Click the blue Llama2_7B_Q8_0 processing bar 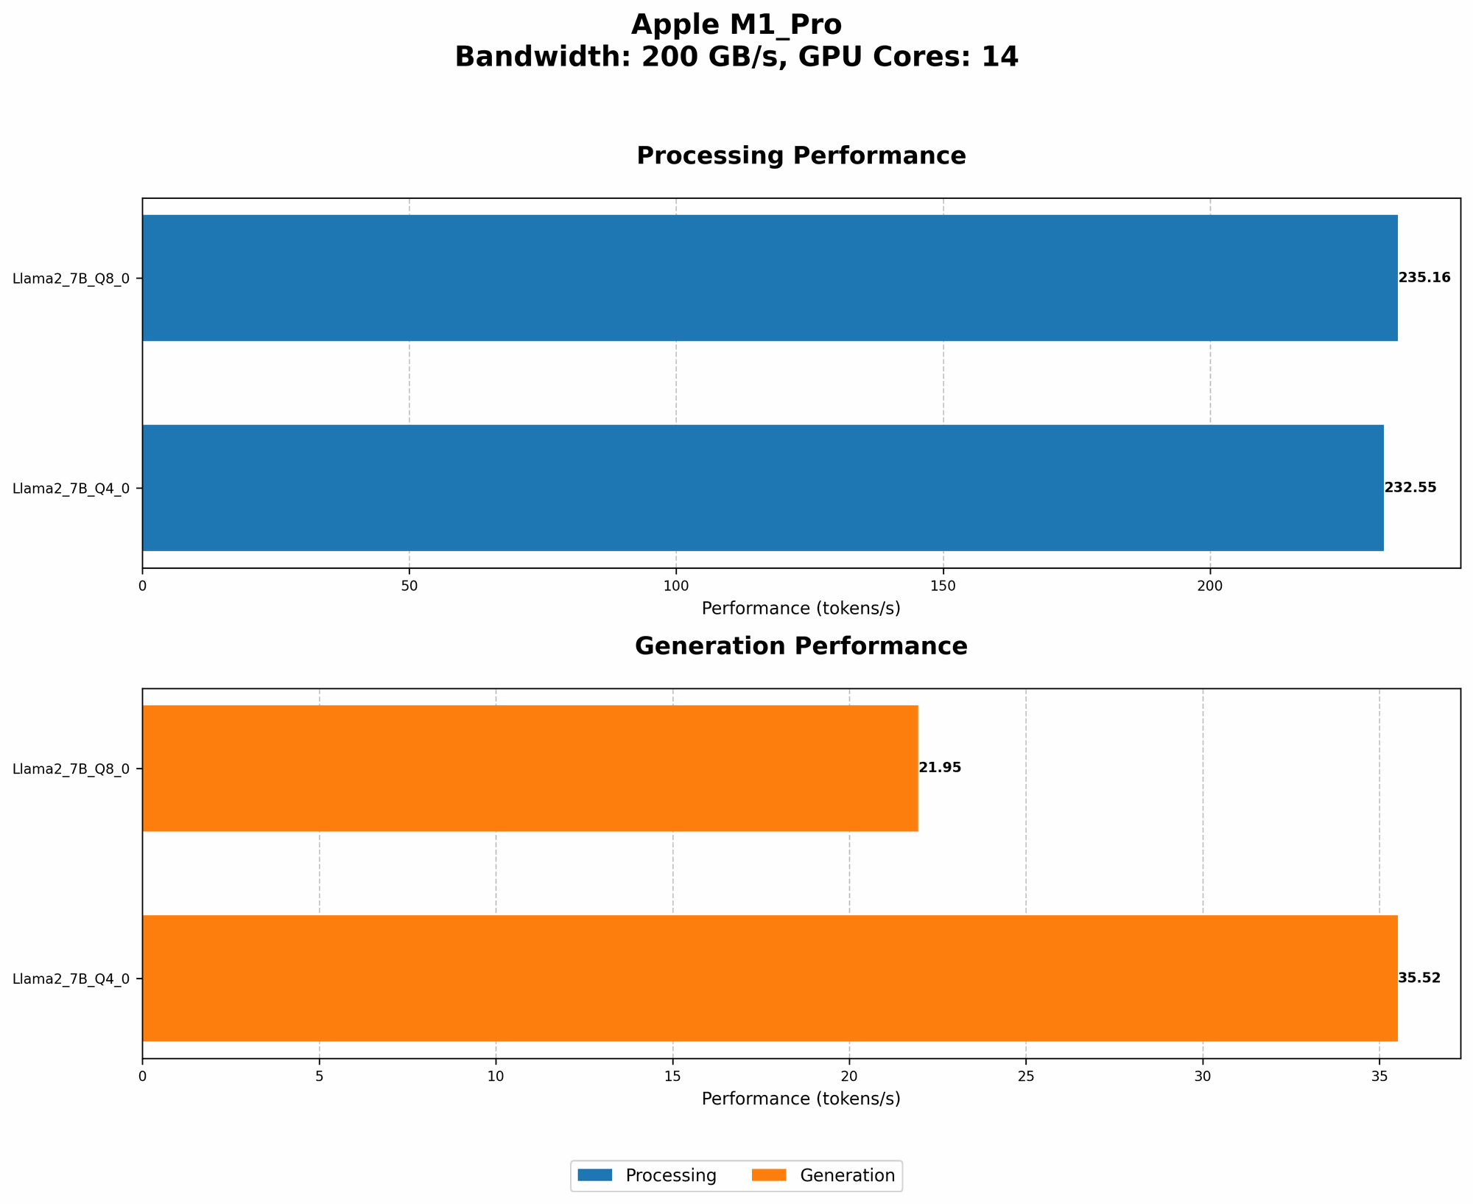(x=770, y=278)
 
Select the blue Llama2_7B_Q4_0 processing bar (x=762, y=487)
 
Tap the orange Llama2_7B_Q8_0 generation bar (x=530, y=768)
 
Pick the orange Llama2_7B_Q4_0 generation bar (x=770, y=978)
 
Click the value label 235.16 (x=1424, y=278)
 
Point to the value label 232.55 (x=1410, y=487)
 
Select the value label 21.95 (x=940, y=768)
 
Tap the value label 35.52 (x=1418, y=978)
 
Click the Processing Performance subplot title (x=801, y=155)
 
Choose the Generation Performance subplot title (x=801, y=646)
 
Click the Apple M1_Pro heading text (x=736, y=25)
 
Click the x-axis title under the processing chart (x=801, y=609)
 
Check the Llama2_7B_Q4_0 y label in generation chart (x=71, y=979)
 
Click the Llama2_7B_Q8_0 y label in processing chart (x=71, y=279)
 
